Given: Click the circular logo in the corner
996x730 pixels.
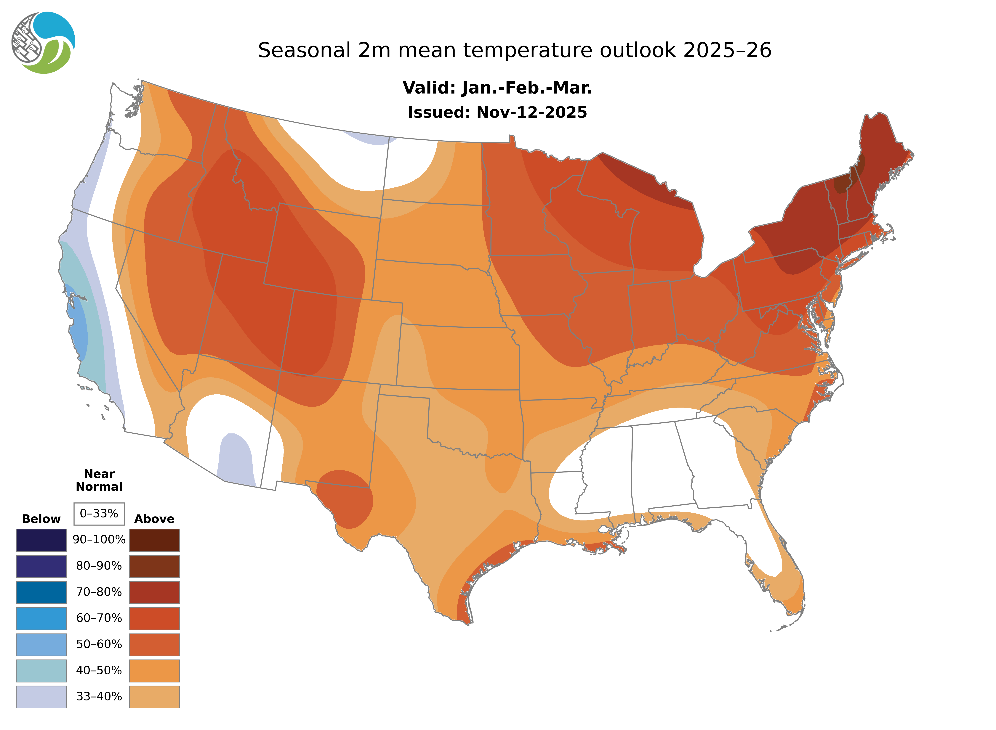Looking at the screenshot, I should (43, 43).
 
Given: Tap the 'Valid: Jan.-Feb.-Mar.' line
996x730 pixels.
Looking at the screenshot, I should (497, 88).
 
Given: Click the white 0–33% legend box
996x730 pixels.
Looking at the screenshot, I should (99, 514).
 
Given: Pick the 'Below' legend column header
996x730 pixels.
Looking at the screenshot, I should (41, 519).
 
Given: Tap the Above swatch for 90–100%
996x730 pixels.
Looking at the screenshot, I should (154, 540).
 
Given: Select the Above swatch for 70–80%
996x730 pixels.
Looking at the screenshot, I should (154, 592).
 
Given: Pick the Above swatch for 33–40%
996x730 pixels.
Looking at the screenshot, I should (154, 696).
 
